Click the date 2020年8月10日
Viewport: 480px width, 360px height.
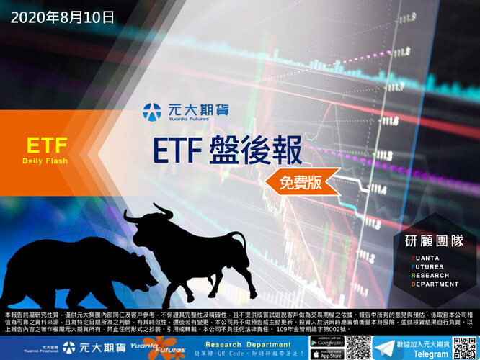63,14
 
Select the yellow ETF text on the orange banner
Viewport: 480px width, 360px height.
47,145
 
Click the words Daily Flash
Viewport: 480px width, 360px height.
45,161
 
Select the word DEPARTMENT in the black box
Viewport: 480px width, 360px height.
435,284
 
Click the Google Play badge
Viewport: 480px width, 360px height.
326,341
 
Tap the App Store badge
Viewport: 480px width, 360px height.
326,354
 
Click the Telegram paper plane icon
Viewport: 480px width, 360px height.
382,347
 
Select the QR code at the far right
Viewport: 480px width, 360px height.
466,347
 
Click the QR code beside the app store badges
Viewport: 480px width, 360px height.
358,347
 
